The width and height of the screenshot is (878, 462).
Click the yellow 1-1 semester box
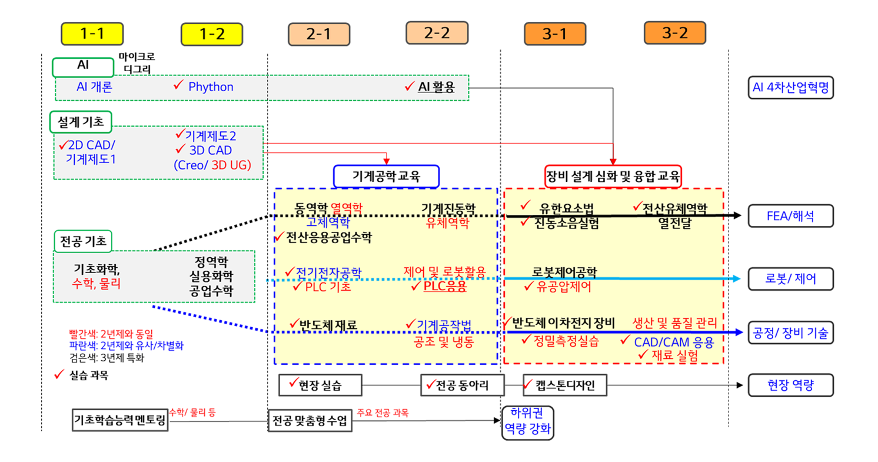(x=92, y=34)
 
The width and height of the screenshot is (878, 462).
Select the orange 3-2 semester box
(x=674, y=33)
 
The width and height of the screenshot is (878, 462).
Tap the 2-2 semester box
(x=437, y=34)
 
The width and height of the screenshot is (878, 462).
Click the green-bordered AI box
(x=83, y=67)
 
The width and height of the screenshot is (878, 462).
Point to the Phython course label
(x=211, y=87)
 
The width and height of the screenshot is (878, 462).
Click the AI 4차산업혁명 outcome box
(x=790, y=87)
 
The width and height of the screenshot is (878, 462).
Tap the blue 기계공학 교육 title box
(x=387, y=175)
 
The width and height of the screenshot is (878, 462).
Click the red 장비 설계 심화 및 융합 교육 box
(x=613, y=175)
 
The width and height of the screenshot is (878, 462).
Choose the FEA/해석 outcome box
(x=791, y=215)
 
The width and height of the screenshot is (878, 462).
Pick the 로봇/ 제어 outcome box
(x=791, y=279)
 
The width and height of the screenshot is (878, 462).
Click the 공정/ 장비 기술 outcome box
(x=791, y=333)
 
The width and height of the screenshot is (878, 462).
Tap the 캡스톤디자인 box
(x=564, y=385)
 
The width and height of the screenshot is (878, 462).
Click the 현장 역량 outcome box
(x=791, y=385)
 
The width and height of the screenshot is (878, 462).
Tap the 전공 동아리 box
(x=463, y=385)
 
